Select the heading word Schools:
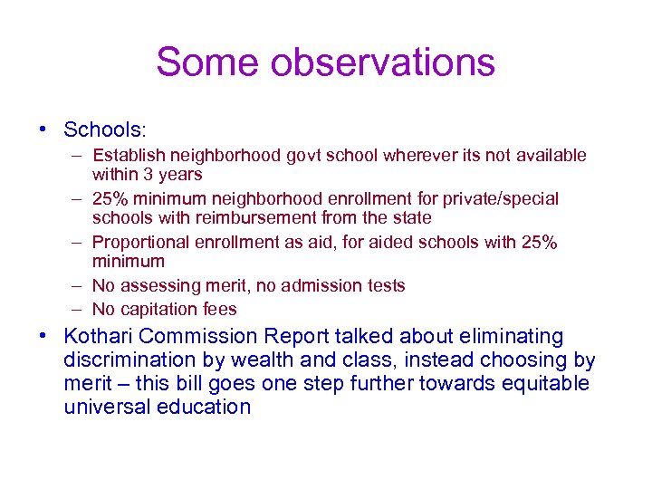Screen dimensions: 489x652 103,129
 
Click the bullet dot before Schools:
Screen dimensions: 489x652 43,129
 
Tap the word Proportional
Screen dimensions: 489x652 139,242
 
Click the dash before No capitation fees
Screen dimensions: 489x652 79,309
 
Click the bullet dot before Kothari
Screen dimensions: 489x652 43,337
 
